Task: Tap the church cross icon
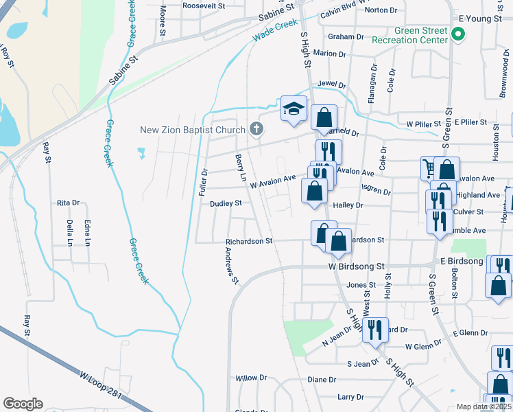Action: [x=256, y=129]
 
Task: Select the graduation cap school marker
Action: [x=294, y=108]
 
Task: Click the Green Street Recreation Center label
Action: [x=410, y=35]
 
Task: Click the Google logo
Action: [x=23, y=403]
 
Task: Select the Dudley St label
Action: [x=226, y=203]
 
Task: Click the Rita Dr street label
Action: [x=69, y=203]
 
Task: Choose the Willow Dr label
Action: [x=251, y=378]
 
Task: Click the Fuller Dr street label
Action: [x=203, y=181]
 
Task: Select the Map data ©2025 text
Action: [x=484, y=407]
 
